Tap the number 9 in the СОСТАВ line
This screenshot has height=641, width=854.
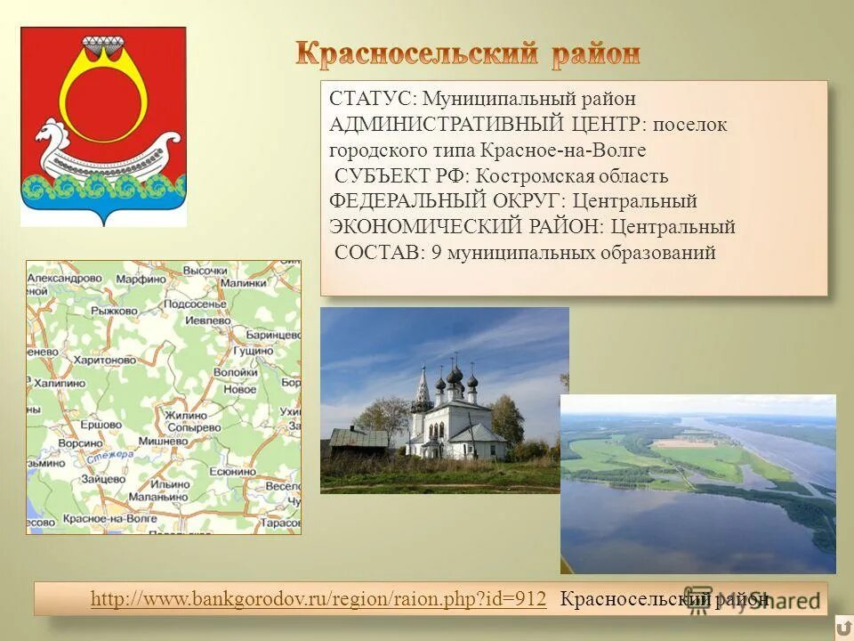click(436, 254)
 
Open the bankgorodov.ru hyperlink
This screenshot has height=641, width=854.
click(318, 599)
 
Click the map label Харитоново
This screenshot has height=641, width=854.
click(104, 360)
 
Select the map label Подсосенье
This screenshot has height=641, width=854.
click(197, 304)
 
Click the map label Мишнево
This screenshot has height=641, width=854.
click(187, 442)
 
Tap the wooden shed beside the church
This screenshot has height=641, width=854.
click(357, 439)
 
